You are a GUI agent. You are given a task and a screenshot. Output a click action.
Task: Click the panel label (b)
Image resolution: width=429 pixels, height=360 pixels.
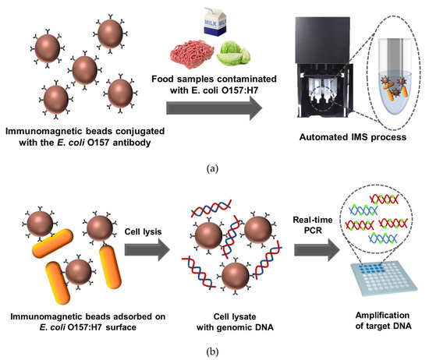pos(214,350)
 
